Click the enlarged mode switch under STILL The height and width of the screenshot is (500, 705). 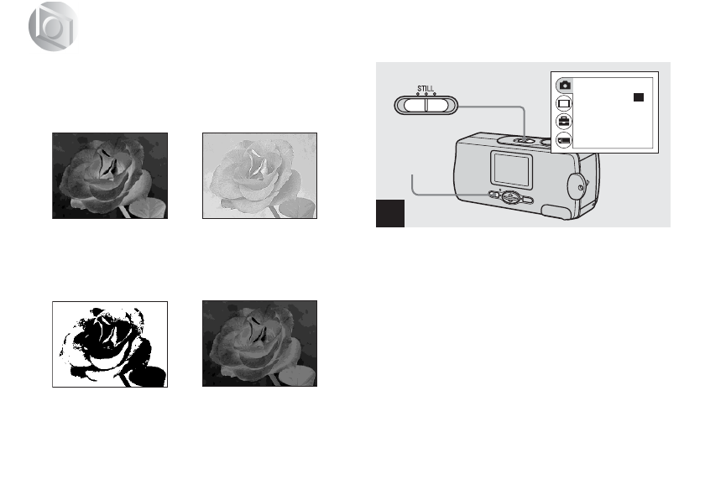click(x=426, y=104)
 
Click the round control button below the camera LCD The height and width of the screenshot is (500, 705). click(x=509, y=197)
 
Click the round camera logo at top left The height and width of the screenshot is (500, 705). click(x=51, y=33)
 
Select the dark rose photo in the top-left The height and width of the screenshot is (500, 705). click(x=109, y=175)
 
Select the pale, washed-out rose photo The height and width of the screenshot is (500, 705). click(x=260, y=175)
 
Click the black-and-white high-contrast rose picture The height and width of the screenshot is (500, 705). click(x=109, y=343)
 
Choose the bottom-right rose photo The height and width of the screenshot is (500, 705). click(x=260, y=343)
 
